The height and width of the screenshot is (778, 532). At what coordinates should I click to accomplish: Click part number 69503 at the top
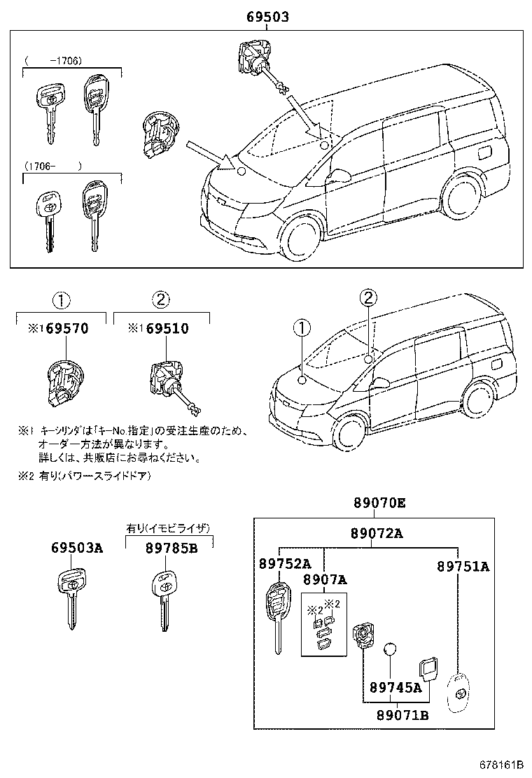(267, 16)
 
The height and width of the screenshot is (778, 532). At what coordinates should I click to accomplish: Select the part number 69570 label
(68, 328)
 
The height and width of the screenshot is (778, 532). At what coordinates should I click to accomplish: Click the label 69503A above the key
(76, 548)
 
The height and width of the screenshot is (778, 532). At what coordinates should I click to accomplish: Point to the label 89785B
(172, 548)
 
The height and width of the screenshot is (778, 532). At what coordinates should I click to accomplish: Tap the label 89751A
(463, 566)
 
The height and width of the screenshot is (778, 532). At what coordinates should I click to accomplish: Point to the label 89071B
(402, 714)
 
